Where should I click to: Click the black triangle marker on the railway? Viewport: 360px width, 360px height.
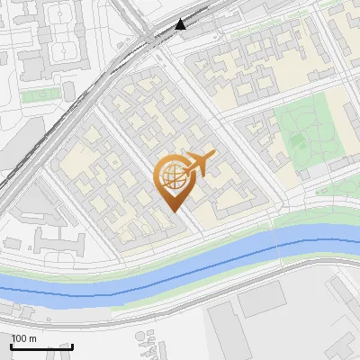pyautogui.click(x=182, y=25)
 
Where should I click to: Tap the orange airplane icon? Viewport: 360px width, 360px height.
pyautogui.click(x=199, y=164)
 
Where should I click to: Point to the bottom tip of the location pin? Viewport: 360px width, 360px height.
pyautogui.click(x=173, y=211)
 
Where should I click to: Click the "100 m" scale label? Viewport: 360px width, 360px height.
pyautogui.click(x=24, y=338)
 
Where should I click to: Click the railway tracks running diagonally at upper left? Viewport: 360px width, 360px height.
pyautogui.click(x=54, y=117)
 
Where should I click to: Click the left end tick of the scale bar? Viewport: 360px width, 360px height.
pyautogui.click(x=12, y=346)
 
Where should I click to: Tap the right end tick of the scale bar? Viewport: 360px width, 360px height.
pyautogui.click(x=73, y=346)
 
